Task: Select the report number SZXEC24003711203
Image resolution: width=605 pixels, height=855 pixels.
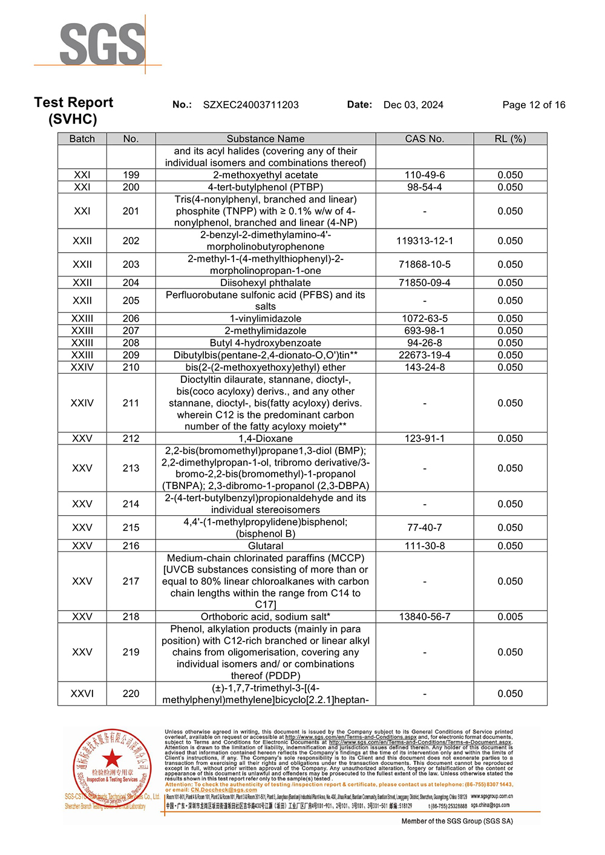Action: [x=250, y=105]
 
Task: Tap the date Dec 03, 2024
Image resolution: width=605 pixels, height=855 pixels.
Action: [x=413, y=105]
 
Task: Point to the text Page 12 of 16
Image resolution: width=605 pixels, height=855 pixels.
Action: [x=534, y=105]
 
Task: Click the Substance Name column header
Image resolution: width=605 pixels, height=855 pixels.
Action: [x=266, y=138]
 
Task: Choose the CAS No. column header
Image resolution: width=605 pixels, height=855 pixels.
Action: [x=424, y=138]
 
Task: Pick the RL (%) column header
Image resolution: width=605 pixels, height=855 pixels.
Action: [x=510, y=138]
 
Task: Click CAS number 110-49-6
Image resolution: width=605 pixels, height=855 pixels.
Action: [x=424, y=175]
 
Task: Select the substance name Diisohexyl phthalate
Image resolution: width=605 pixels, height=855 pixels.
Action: [x=266, y=282]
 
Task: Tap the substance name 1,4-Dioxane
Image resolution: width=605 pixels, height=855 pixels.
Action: [x=266, y=438]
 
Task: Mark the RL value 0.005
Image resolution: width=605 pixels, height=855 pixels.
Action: [x=510, y=617]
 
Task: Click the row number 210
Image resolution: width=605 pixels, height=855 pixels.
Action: [x=131, y=367]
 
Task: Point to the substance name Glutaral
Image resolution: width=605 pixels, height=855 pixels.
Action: [x=266, y=545]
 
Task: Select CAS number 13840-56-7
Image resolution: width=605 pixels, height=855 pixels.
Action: [x=424, y=617]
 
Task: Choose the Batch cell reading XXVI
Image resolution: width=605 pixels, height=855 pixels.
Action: [x=82, y=694]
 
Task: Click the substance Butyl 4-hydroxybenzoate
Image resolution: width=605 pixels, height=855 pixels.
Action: [x=266, y=343]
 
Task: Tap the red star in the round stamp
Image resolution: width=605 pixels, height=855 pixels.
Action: [x=112, y=758]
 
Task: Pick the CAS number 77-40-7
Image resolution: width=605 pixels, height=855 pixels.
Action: [x=424, y=527]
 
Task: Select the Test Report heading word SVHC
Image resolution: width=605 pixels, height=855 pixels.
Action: [x=73, y=119]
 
